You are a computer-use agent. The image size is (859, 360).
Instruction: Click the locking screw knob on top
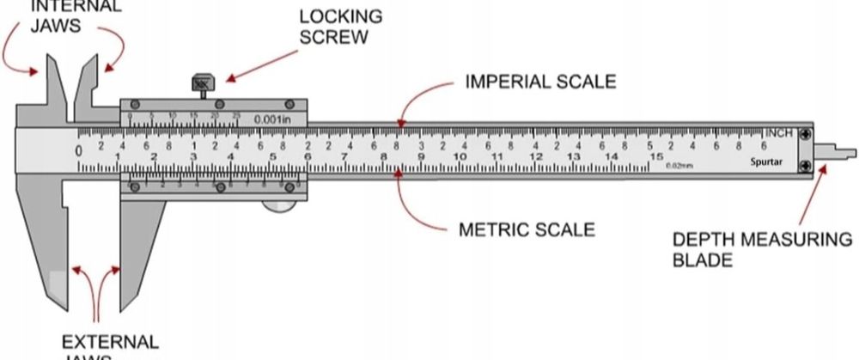point(204,85)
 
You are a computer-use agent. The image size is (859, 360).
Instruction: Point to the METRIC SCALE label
point(527,229)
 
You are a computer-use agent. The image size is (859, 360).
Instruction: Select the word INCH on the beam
point(779,133)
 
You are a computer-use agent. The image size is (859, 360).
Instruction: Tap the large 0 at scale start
point(79,150)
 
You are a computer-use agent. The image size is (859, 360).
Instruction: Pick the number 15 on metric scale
point(656,158)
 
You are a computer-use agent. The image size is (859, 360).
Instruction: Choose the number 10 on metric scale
point(460,158)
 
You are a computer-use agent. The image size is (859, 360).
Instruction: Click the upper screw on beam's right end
point(804,134)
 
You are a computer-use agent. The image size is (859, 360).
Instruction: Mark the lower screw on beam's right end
point(804,165)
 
